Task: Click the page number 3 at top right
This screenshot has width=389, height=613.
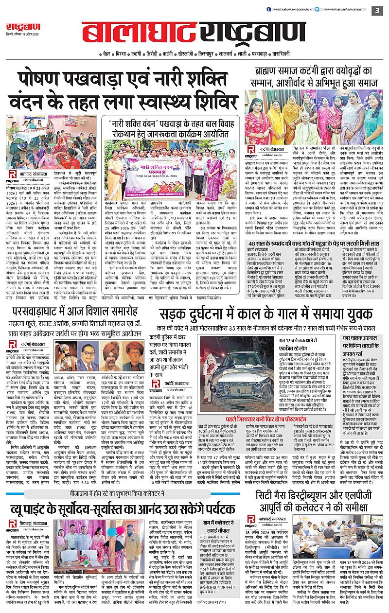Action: [377, 10]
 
